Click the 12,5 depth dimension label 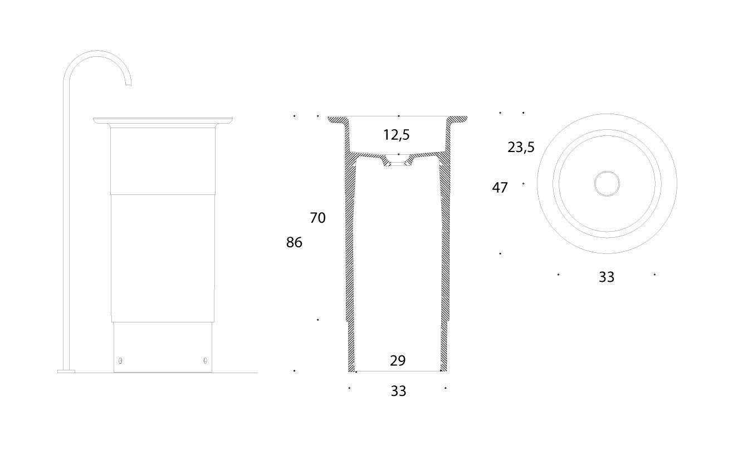pyautogui.click(x=397, y=135)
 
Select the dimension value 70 pyautogui.click(x=317, y=218)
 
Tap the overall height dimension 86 pyautogui.click(x=294, y=242)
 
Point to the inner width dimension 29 pyautogui.click(x=398, y=360)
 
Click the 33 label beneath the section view pyautogui.click(x=398, y=391)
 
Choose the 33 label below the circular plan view pyautogui.click(x=606, y=277)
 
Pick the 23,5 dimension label pyautogui.click(x=521, y=147)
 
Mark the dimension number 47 pyautogui.click(x=500, y=188)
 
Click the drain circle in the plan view pyautogui.click(x=607, y=183)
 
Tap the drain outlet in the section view pyautogui.click(x=398, y=164)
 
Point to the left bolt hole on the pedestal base pyautogui.click(x=121, y=360)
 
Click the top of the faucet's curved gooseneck pyautogui.click(x=98, y=52)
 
